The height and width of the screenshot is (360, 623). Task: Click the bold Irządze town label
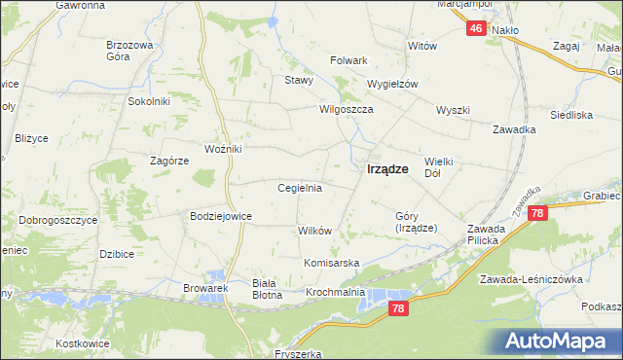point(386,168)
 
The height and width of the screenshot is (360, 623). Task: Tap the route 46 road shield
point(475,29)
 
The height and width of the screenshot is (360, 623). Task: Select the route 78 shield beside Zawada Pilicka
point(539,213)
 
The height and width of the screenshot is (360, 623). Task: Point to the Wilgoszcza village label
point(348,110)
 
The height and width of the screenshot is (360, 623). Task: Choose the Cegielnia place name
point(300,188)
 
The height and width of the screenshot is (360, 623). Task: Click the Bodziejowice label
point(221,216)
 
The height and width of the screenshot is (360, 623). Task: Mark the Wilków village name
point(315,231)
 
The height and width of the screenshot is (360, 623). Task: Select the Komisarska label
point(332,264)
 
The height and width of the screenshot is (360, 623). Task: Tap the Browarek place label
point(205,288)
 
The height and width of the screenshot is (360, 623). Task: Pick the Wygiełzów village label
point(391,84)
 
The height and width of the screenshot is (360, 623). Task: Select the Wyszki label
point(454,110)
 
